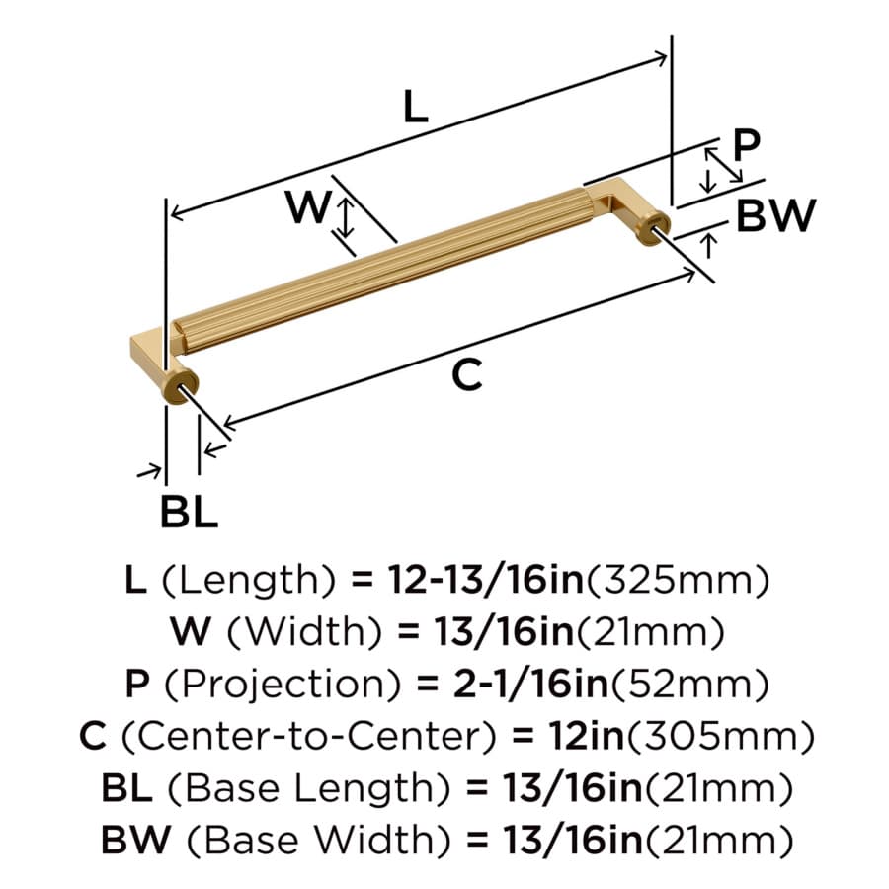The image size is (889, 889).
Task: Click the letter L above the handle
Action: pyautogui.click(x=415, y=107)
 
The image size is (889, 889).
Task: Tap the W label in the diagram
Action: pyautogui.click(x=308, y=206)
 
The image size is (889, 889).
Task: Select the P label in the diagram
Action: pyautogui.click(x=746, y=145)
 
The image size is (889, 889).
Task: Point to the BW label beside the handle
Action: pyautogui.click(x=775, y=215)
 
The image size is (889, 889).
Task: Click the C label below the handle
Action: pyautogui.click(x=467, y=374)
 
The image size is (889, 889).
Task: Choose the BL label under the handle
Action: pyautogui.click(x=189, y=512)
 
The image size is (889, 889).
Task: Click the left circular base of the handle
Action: pyautogui.click(x=181, y=387)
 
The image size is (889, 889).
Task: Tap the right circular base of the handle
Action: pyautogui.click(x=654, y=228)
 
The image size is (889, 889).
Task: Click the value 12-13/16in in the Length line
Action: pyautogui.click(x=486, y=580)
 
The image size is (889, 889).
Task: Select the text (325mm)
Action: pyautogui.click(x=678, y=581)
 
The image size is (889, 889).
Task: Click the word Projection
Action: pyautogui.click(x=283, y=685)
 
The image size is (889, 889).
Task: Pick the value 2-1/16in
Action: pyautogui.click(x=530, y=684)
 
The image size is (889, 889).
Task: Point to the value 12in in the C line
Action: pyautogui.click(x=586, y=736)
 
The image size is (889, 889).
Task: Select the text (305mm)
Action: pyautogui.click(x=720, y=737)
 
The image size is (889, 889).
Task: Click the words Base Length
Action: pyautogui.click(x=309, y=789)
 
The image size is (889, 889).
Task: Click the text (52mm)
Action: pyautogui.click(x=689, y=685)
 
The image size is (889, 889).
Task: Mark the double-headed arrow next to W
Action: pyautogui.click(x=345, y=218)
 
